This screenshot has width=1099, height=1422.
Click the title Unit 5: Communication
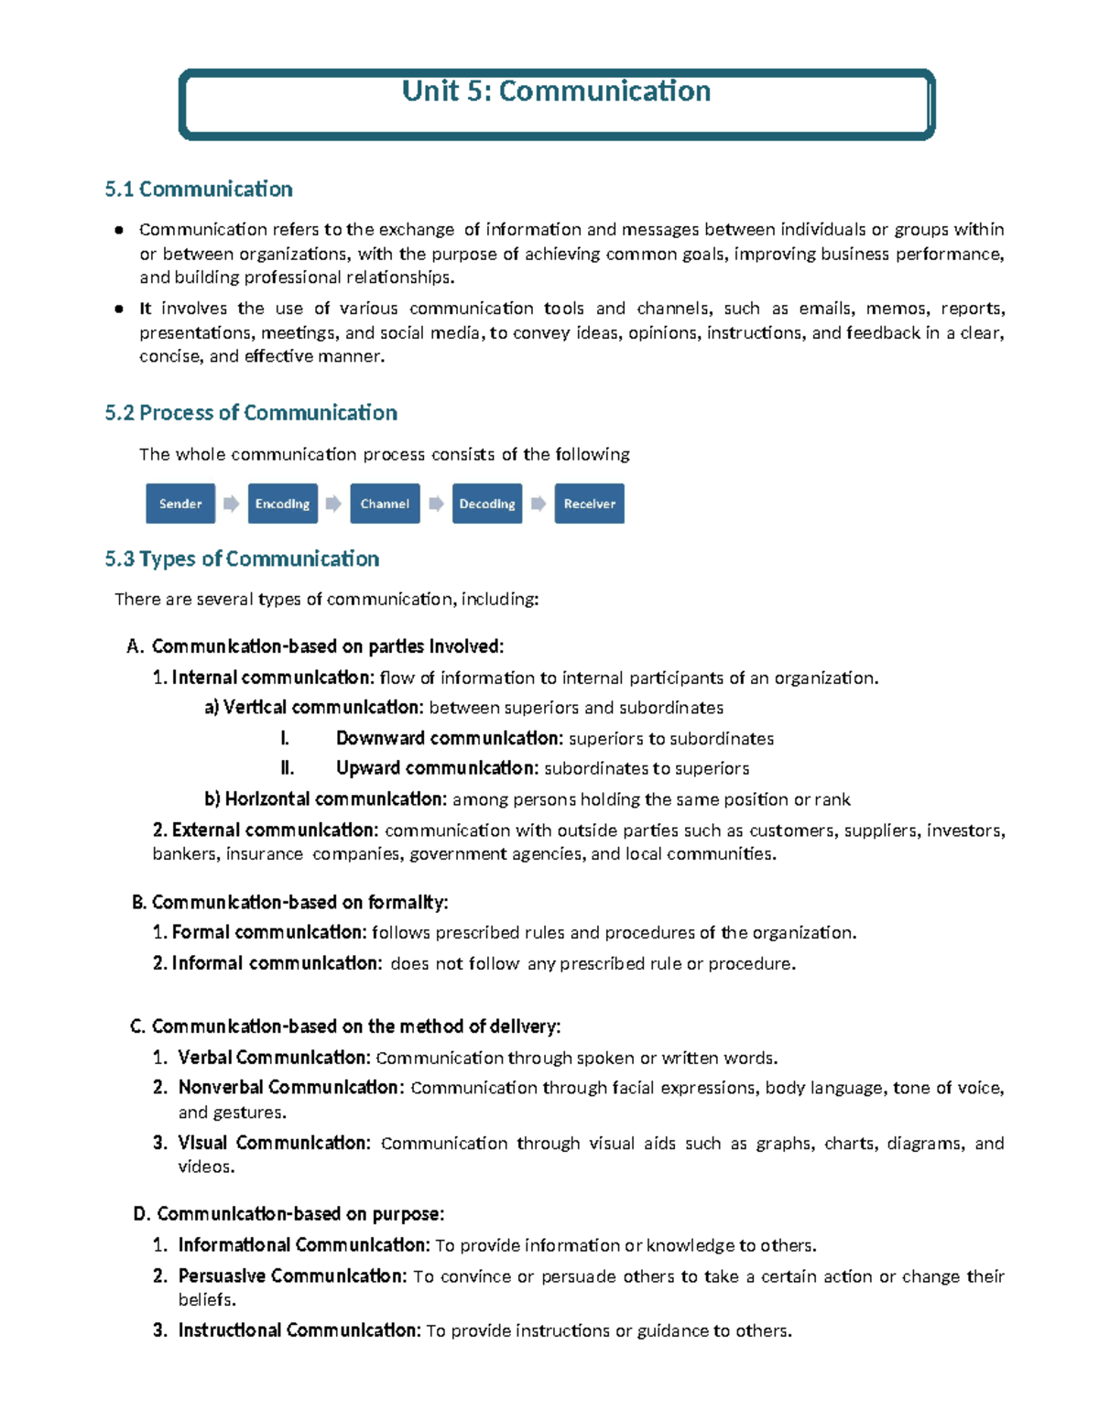[556, 92]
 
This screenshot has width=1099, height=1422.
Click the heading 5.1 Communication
[199, 190]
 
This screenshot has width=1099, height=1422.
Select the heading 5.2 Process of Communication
[251, 413]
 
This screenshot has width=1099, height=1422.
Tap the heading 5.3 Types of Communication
[242, 559]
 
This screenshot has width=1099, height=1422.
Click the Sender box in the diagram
[180, 504]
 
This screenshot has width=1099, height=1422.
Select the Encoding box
[282, 504]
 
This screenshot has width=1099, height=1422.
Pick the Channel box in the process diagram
[385, 504]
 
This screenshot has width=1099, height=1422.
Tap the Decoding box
[486, 504]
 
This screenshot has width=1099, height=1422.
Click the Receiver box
[589, 504]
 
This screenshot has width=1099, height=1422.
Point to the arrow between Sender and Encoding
[232, 504]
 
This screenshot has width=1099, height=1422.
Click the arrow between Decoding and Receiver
[539, 504]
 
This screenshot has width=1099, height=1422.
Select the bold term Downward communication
[449, 739]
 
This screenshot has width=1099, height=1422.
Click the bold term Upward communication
[436, 768]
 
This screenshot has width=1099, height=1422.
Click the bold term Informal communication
[277, 963]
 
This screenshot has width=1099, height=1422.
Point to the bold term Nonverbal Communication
[290, 1088]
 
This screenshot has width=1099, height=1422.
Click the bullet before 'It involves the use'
[119, 309]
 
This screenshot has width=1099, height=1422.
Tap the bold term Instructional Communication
[299, 1330]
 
